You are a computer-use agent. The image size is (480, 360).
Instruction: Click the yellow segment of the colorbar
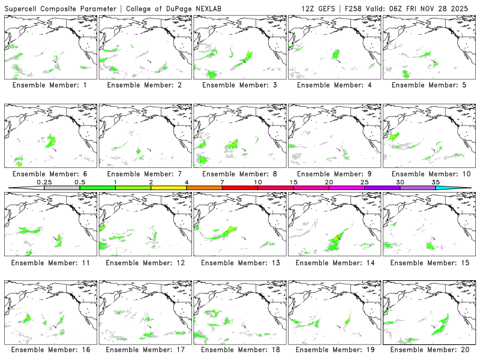(169, 188)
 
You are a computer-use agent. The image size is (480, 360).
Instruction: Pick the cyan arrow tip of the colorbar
(461, 188)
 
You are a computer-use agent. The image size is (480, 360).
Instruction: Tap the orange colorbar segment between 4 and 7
(204, 188)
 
